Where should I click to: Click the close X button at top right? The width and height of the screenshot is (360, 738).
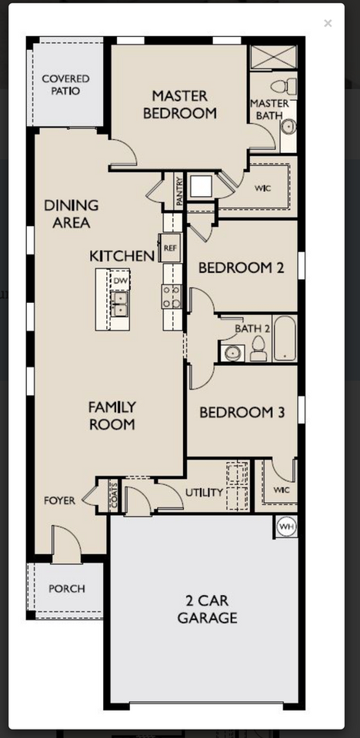328,23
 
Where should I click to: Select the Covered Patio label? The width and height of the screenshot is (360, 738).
65,85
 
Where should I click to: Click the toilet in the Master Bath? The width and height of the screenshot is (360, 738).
279,85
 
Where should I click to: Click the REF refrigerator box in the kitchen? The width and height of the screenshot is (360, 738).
171,248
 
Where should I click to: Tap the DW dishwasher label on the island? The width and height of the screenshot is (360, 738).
120,281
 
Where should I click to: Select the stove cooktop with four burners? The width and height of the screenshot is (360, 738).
171,296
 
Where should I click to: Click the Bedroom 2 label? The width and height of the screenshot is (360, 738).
242,268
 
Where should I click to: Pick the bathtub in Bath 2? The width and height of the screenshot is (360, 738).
285,339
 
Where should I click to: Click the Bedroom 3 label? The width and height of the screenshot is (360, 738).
242,413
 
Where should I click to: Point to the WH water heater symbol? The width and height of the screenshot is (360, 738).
286,527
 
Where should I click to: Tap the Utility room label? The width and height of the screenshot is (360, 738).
204,492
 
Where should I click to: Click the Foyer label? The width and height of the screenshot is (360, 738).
59,500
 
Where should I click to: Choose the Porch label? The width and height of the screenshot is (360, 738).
66,589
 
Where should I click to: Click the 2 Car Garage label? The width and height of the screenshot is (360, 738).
207,609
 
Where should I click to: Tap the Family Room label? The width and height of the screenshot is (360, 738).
112,415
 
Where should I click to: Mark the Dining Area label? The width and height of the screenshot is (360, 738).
71,214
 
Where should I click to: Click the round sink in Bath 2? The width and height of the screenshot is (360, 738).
232,354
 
